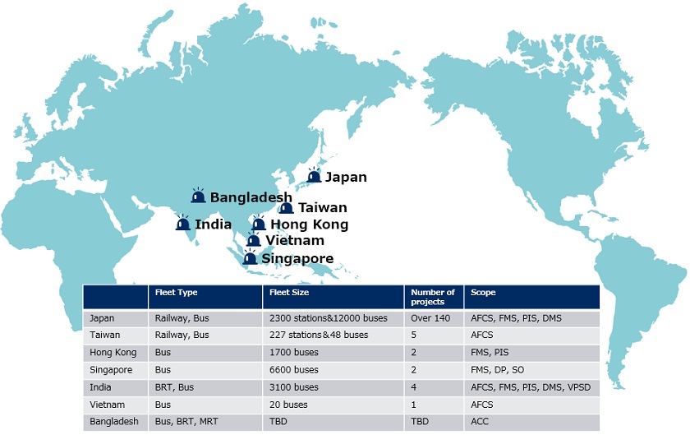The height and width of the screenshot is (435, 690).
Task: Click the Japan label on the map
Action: tap(346, 177)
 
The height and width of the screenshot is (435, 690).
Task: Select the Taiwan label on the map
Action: tap(323, 207)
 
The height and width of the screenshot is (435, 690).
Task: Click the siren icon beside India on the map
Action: tap(182, 223)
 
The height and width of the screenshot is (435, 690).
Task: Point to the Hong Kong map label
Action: tap(310, 224)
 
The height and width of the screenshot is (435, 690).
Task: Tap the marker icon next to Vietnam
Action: tap(253, 239)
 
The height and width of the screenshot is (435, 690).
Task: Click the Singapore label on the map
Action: tap(297, 259)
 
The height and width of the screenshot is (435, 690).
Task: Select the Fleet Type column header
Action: tap(176, 292)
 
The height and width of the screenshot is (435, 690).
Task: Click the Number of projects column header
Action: tap(433, 297)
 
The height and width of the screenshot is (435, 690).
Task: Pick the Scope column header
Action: tap(483, 292)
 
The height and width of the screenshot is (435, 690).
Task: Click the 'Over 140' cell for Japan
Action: tap(430, 318)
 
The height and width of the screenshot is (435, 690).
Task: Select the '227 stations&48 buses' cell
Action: tap(319, 335)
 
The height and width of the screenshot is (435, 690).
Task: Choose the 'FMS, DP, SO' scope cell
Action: tap(497, 370)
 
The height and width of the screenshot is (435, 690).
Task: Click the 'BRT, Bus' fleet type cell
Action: tap(174, 387)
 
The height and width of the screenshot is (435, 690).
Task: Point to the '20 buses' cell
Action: tap(288, 405)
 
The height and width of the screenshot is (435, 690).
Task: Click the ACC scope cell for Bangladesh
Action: tap(479, 421)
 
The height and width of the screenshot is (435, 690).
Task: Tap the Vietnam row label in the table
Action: tap(107, 405)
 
